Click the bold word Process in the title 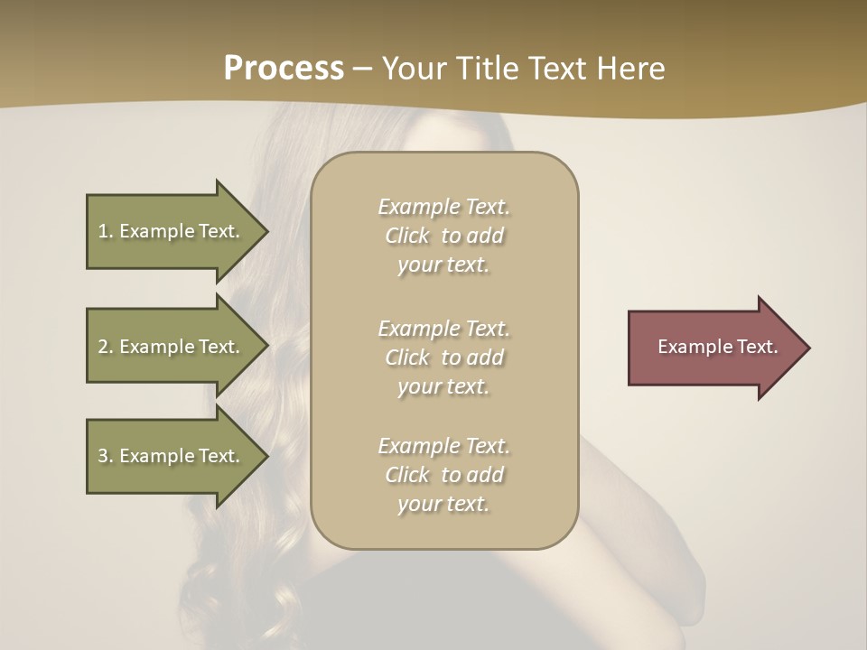pos(284,69)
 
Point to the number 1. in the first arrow pos(105,231)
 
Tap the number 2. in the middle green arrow pos(105,347)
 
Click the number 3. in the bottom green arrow pos(105,456)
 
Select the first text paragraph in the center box pos(443,236)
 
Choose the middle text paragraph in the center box pos(443,357)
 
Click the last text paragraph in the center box pos(443,475)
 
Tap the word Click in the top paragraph pos(407,237)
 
